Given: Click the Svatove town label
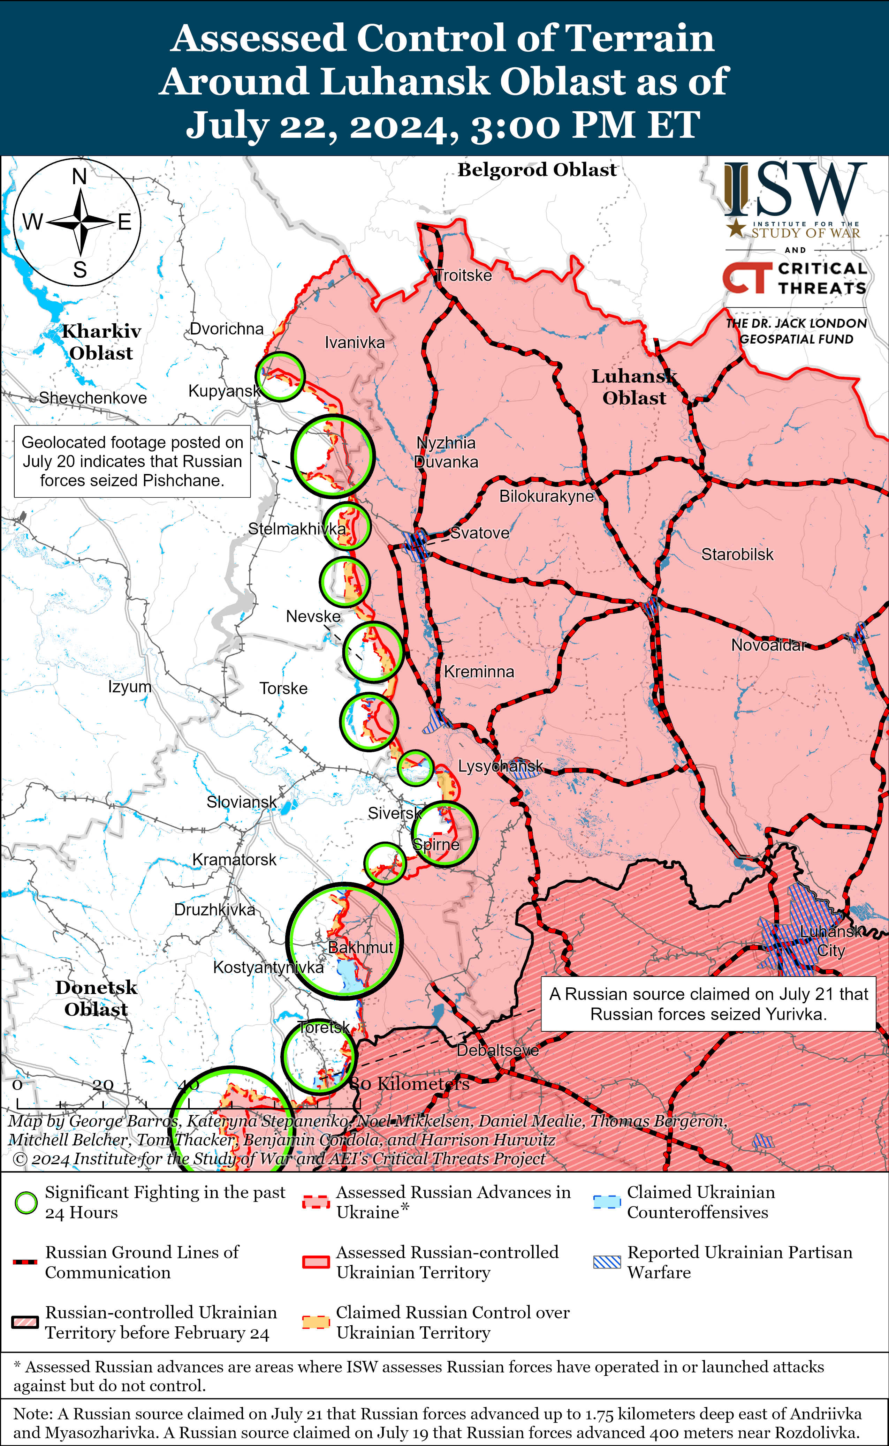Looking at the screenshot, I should [x=479, y=533].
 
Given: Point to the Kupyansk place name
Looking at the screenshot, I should [x=224, y=391].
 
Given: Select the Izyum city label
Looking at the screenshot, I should [x=129, y=686].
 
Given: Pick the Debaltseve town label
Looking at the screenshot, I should [x=497, y=1050].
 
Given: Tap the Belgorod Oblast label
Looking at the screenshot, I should [x=537, y=170].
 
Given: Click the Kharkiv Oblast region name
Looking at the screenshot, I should [x=101, y=342].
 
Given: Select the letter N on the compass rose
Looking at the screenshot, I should [x=79, y=176].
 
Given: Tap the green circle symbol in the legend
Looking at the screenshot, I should [x=26, y=1203].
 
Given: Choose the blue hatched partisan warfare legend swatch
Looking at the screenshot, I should [x=607, y=1262].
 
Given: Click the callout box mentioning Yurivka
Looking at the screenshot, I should [x=708, y=1004].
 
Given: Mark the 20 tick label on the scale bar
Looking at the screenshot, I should [x=103, y=1084].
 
